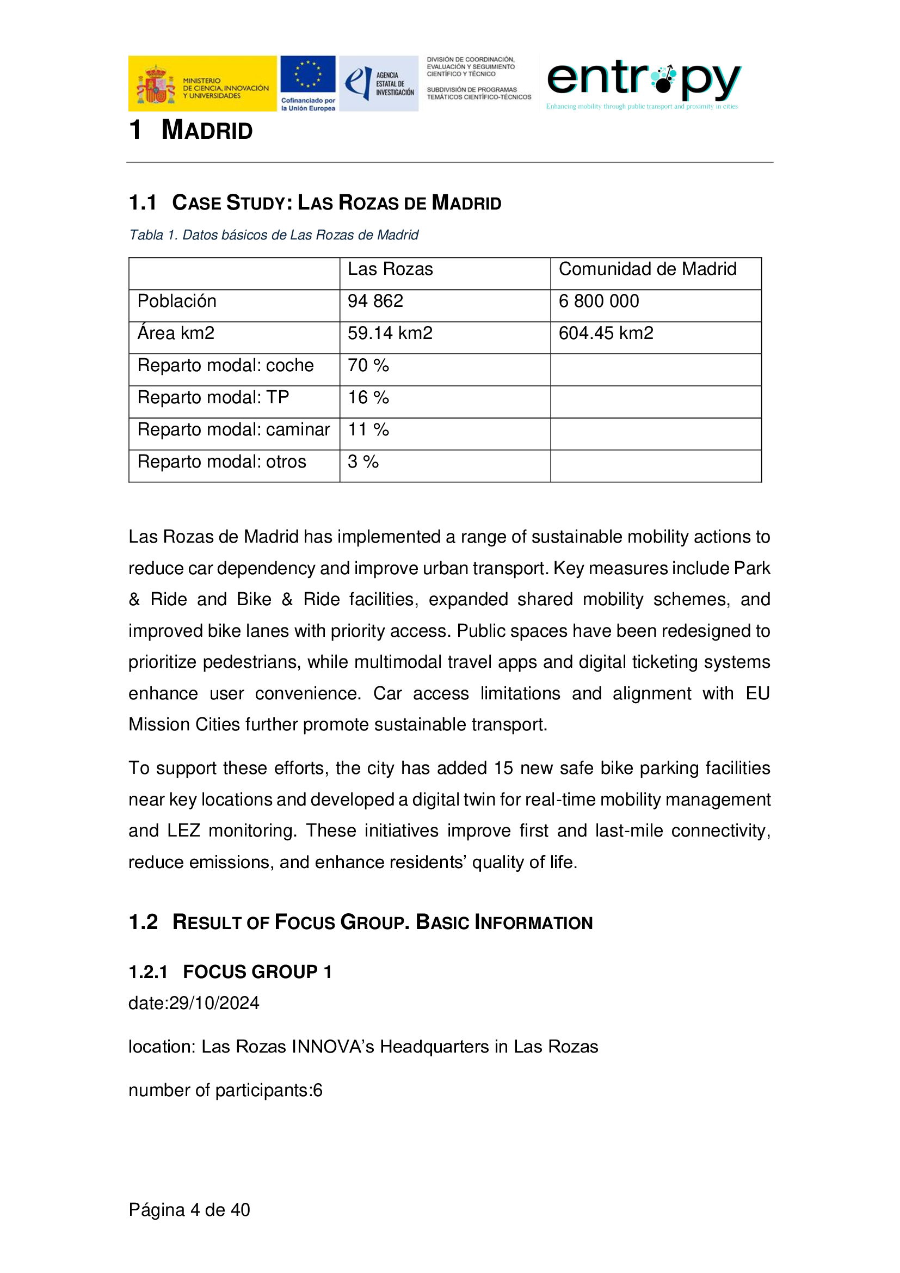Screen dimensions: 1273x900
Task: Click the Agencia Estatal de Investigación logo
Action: (379, 83)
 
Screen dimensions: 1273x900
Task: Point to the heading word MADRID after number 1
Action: (207, 131)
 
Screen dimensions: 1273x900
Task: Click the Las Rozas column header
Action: (390, 269)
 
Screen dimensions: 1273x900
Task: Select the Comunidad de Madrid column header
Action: (648, 269)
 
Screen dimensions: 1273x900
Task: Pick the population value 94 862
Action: (375, 301)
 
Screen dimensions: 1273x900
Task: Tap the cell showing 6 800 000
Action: (599, 301)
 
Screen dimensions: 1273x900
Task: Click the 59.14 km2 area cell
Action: (390, 333)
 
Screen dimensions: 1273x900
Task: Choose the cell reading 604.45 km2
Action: (606, 333)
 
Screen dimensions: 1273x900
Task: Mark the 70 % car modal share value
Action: (368, 365)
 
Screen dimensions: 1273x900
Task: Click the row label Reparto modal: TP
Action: (213, 397)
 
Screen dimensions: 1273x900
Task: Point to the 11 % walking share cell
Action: (368, 430)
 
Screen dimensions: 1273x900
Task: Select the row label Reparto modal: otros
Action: (221, 462)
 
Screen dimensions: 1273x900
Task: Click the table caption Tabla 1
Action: (273, 235)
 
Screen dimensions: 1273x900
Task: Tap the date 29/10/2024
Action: (214, 1003)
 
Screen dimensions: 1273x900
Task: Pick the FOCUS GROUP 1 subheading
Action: (257, 972)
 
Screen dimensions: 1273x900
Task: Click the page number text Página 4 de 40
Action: (189, 1210)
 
